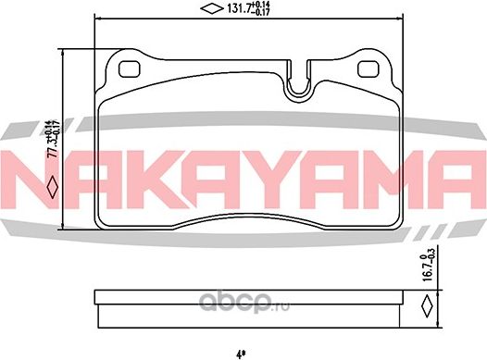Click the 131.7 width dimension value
(229, 11)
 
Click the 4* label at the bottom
(241, 353)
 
